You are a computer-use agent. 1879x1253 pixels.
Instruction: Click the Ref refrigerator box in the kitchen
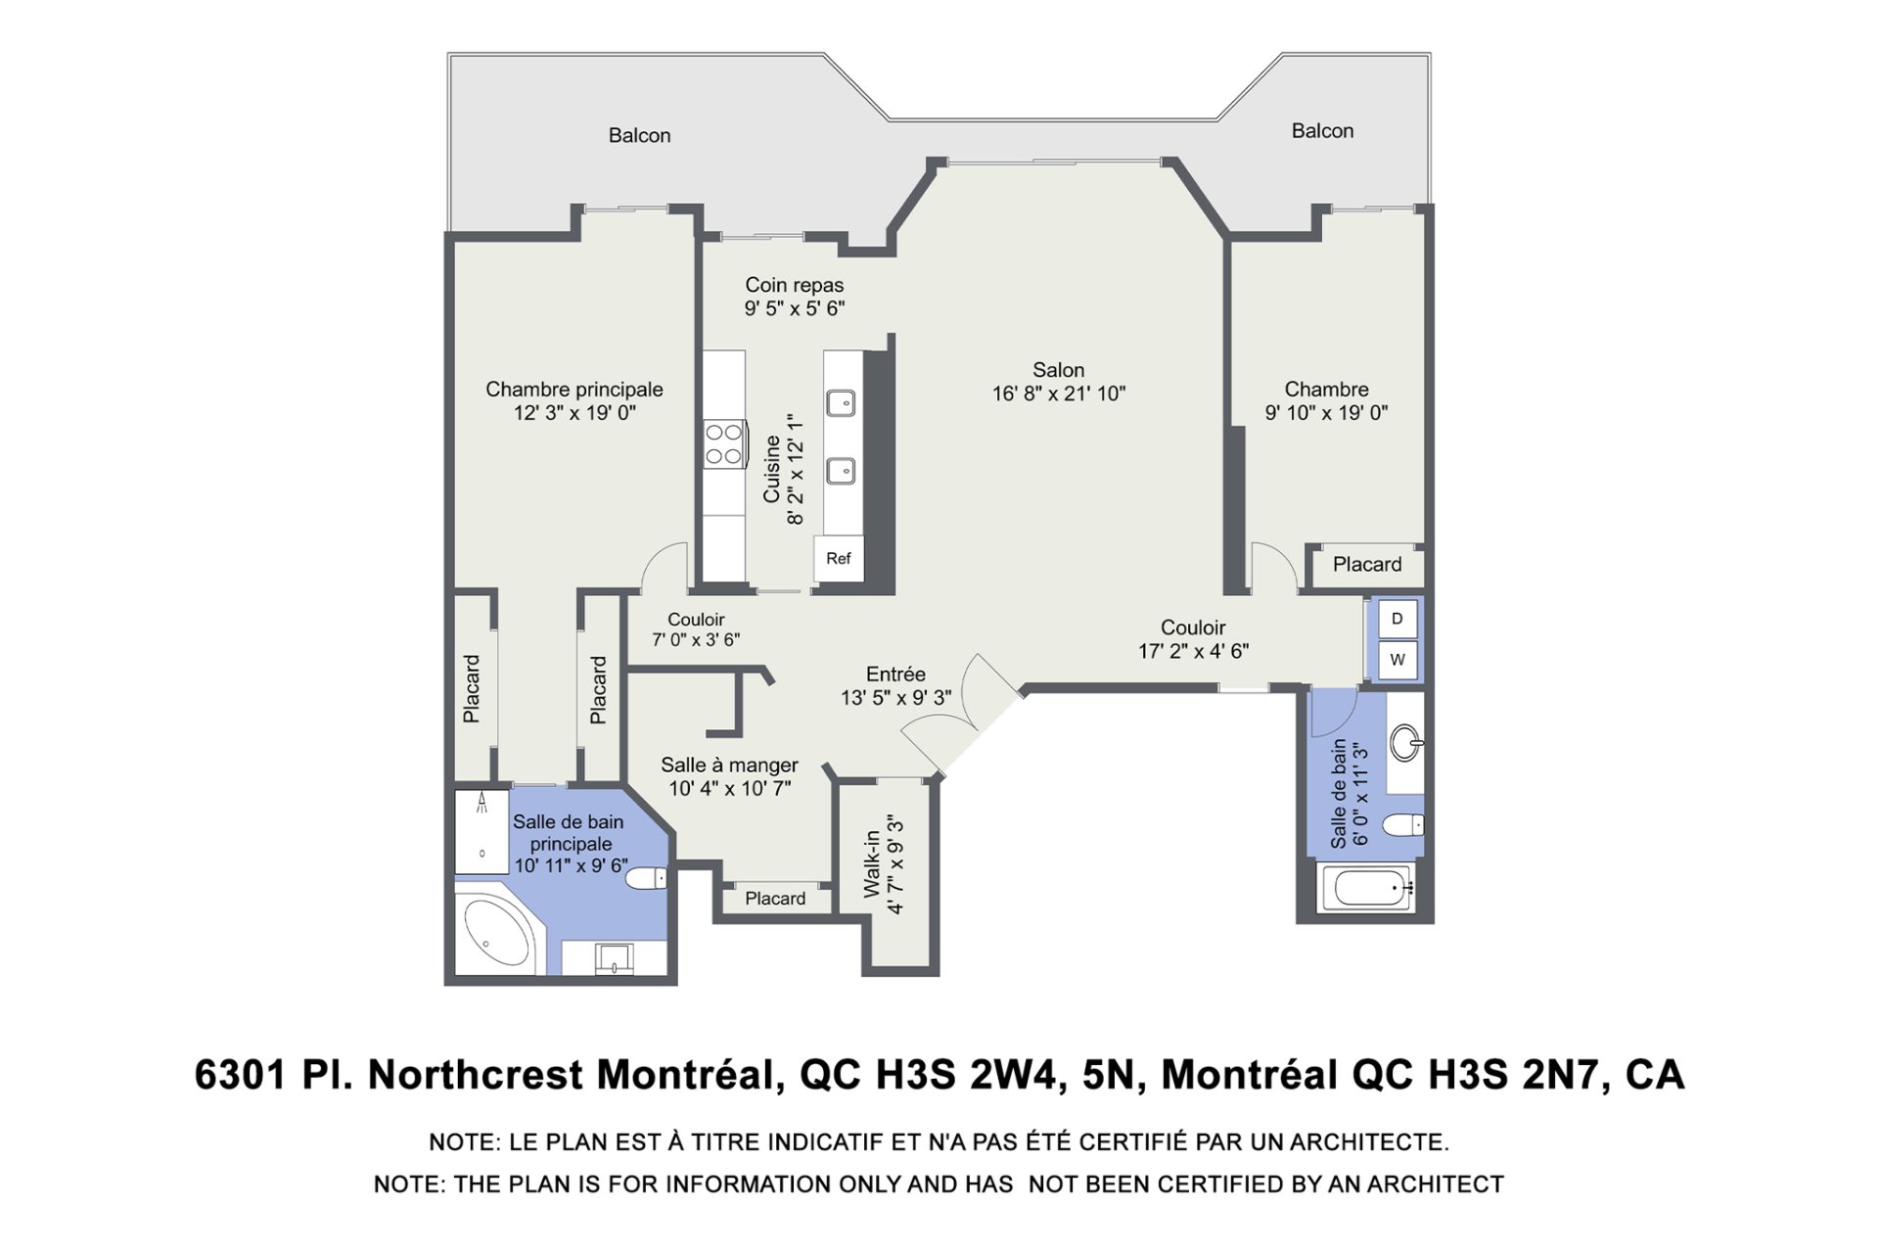839,559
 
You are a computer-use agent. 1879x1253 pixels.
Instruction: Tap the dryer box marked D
1397,619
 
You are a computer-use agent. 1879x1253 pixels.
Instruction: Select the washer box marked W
1397,660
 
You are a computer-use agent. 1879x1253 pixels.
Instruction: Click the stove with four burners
725,443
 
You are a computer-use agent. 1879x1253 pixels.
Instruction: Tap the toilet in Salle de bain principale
647,878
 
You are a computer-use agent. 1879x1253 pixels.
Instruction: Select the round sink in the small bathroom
1406,743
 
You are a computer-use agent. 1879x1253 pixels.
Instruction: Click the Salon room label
1059,370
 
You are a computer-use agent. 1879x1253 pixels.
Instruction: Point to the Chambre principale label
574,390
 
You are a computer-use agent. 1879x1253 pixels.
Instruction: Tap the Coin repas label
795,285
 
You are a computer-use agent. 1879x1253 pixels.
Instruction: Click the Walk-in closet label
872,864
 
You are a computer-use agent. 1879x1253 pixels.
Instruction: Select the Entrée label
895,673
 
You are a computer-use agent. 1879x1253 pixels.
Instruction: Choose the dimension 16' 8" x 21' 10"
1059,394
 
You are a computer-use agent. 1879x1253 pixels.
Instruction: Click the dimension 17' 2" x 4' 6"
1193,651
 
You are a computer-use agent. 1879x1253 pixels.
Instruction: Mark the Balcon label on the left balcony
640,135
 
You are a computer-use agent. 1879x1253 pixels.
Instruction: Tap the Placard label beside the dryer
1367,564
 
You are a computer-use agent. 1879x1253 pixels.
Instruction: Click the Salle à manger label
729,765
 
